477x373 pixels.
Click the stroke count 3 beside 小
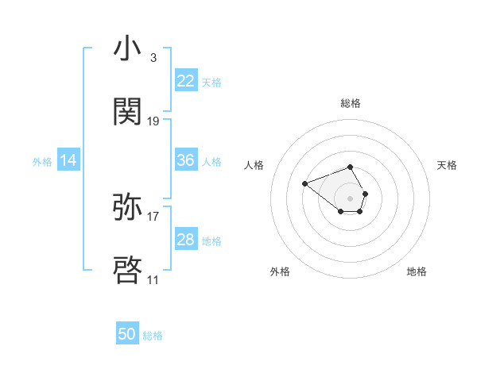(153, 58)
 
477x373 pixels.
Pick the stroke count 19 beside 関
(153, 121)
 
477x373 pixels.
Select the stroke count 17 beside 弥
(153, 216)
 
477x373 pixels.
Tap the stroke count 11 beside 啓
(153, 279)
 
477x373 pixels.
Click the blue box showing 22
(185, 80)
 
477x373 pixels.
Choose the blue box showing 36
(185, 160)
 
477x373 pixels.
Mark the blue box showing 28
(185, 240)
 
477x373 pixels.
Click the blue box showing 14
(68, 160)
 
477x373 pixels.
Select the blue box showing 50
(127, 334)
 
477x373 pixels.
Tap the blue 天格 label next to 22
(211, 82)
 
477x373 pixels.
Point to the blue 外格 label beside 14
(42, 161)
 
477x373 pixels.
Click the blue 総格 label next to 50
(153, 336)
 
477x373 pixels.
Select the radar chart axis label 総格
(351, 103)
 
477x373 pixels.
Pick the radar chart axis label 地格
(417, 271)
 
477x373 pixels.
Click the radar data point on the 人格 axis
(305, 183)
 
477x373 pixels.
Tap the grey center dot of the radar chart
(351, 198)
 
